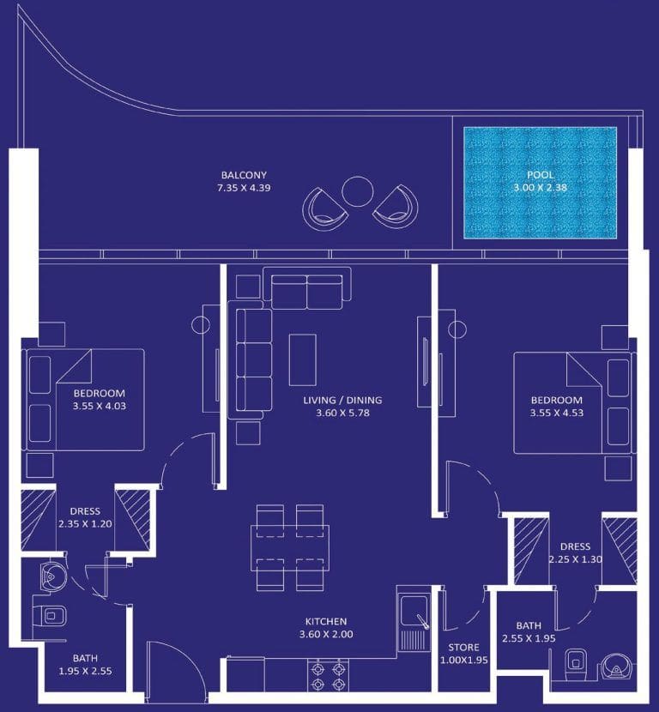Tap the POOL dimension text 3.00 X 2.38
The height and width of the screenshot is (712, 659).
click(x=540, y=187)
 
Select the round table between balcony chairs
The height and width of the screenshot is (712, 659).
click(x=355, y=190)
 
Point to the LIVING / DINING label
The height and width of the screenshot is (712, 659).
click(x=342, y=401)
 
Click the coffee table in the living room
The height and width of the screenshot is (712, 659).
click(x=302, y=359)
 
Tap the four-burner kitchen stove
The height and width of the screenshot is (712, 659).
click(x=329, y=676)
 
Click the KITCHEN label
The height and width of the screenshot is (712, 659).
click(x=326, y=622)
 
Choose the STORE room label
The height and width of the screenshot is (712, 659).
click(x=464, y=648)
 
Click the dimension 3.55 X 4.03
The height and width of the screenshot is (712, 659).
click(x=100, y=406)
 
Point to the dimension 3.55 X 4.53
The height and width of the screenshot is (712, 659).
click(x=556, y=413)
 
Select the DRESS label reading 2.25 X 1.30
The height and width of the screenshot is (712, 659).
click(x=574, y=553)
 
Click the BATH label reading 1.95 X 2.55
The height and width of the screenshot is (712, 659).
click(x=86, y=664)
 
